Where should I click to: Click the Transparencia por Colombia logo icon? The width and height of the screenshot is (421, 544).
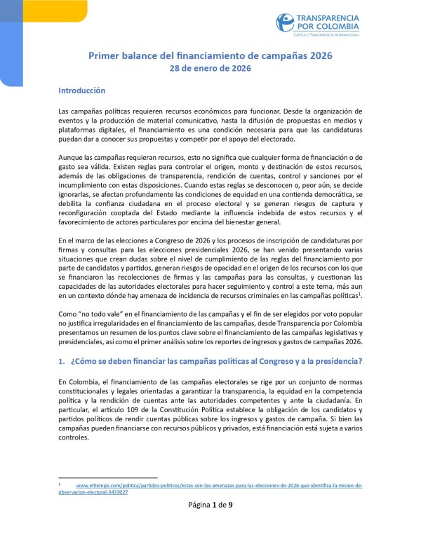coord(286,22)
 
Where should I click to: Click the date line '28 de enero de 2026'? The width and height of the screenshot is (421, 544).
coord(210,69)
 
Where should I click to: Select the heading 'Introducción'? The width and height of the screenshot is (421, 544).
coord(81,90)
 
